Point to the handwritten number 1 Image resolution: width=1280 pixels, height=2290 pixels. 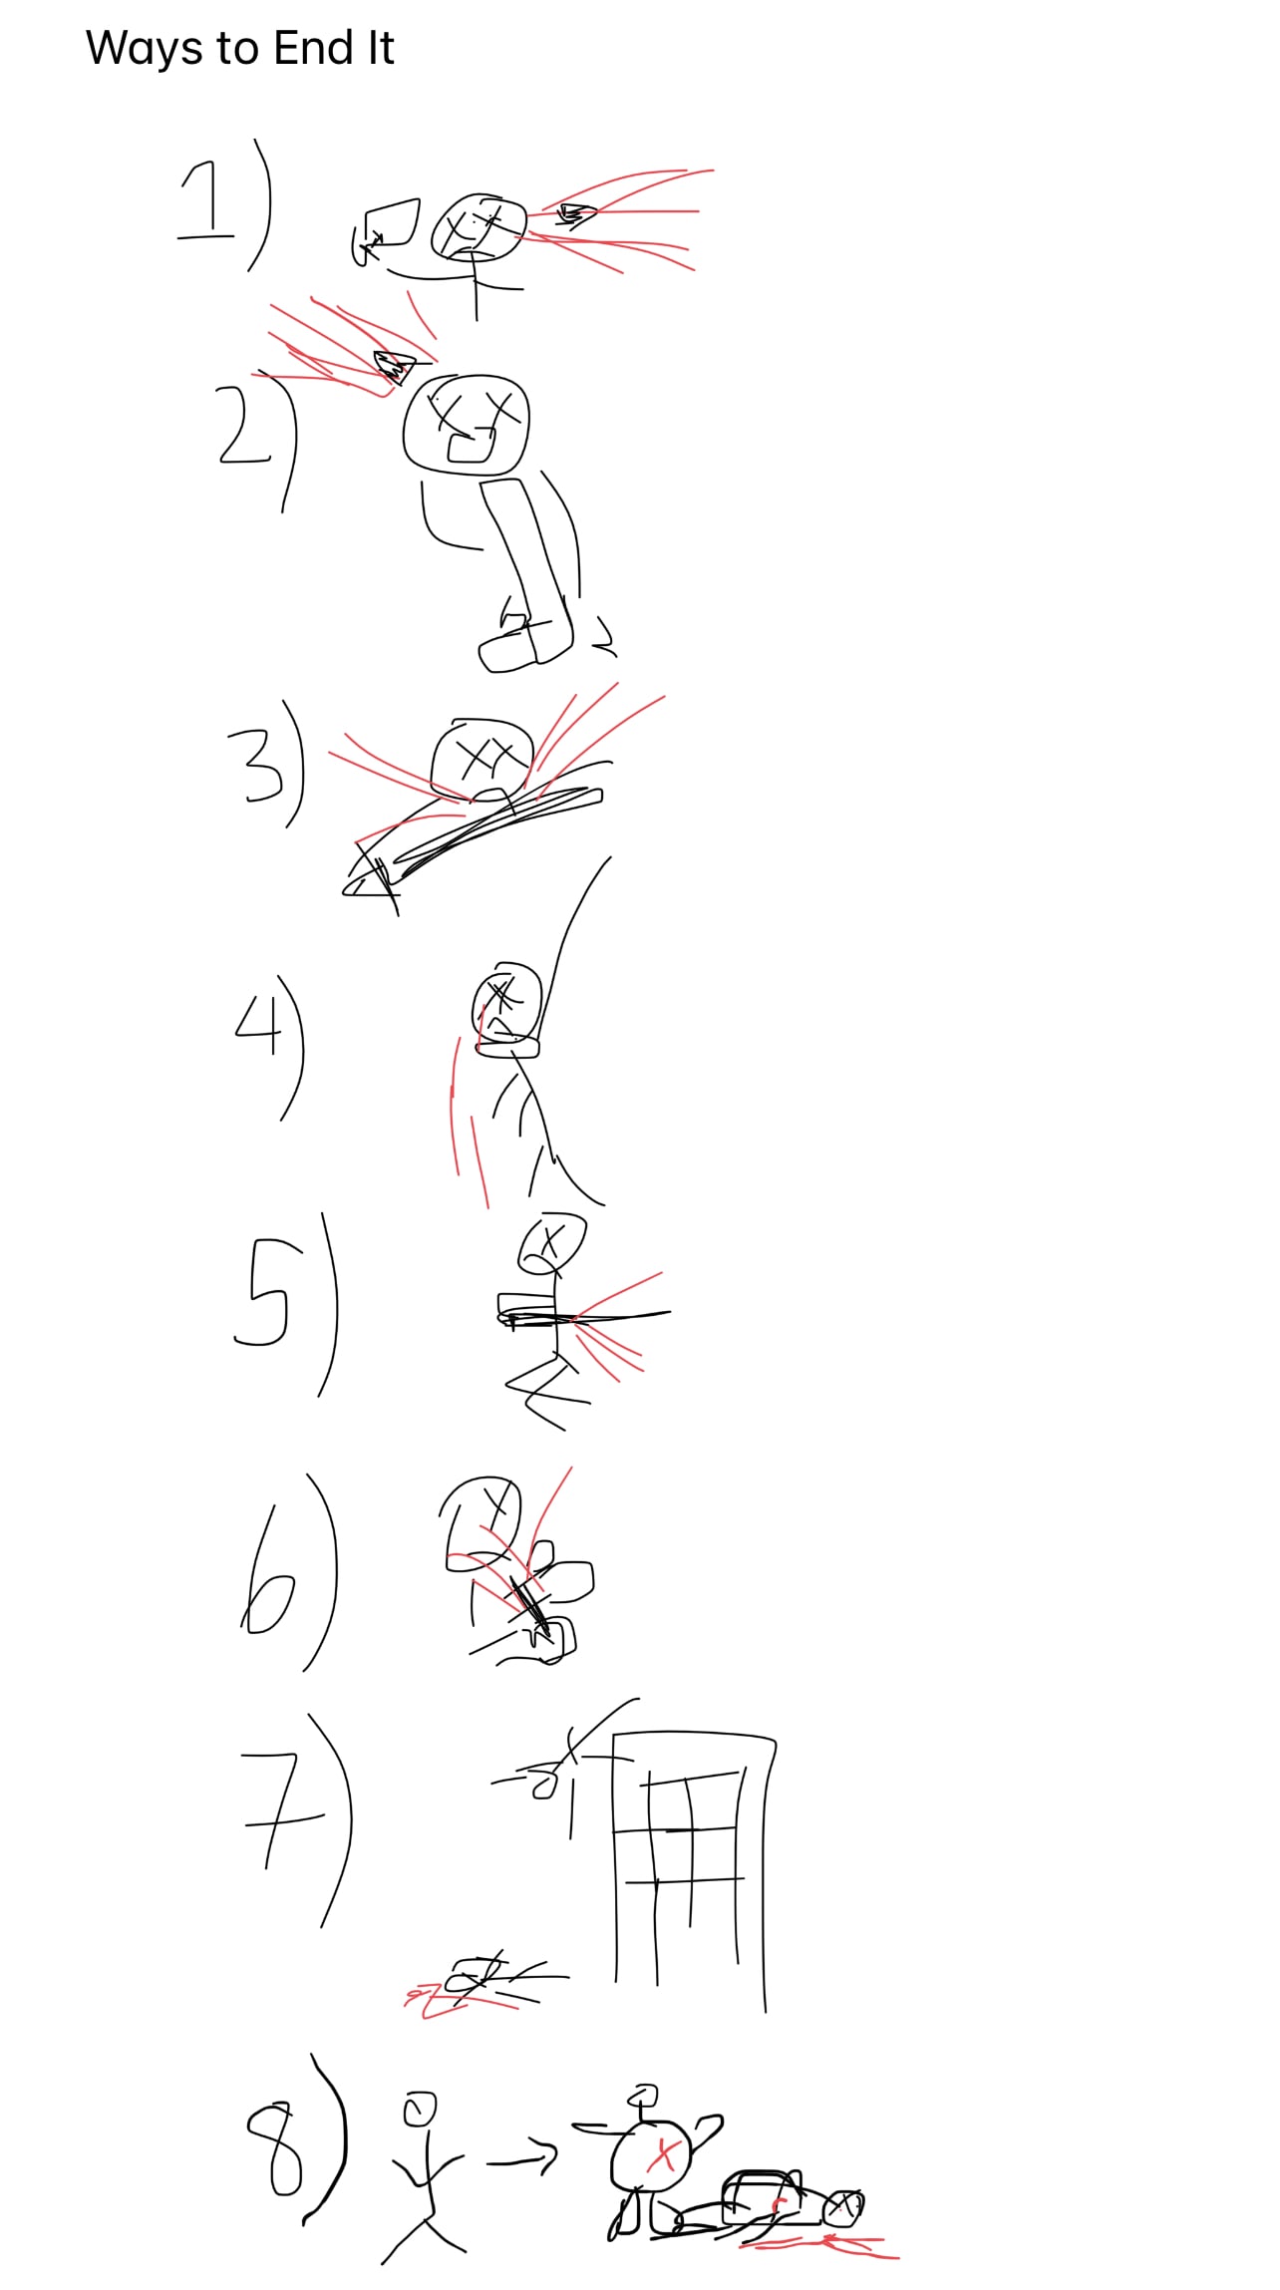205,202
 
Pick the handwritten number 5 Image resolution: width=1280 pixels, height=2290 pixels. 261,1292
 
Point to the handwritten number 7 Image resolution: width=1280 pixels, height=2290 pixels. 282,1808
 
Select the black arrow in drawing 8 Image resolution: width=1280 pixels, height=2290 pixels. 522,2156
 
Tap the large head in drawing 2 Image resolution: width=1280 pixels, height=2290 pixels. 467,424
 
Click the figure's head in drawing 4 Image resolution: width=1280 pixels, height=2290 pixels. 506,1002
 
